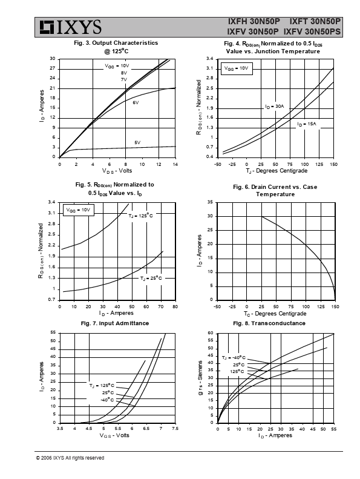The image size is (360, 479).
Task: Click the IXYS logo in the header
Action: [x=70, y=27]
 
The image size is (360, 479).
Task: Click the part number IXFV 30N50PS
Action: [x=312, y=31]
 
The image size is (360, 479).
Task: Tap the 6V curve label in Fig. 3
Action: [x=136, y=103]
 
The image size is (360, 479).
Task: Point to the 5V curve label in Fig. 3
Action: [x=137, y=143]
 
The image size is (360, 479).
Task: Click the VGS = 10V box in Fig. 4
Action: [x=237, y=68]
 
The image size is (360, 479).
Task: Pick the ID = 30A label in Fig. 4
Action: [x=275, y=107]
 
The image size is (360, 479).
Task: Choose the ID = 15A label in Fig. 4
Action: [x=307, y=124]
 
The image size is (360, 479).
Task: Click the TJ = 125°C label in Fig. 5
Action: [x=140, y=216]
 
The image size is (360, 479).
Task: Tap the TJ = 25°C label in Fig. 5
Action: [x=151, y=279]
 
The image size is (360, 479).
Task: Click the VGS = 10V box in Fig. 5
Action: [x=79, y=210]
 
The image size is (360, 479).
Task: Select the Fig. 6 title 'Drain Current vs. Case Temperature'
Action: [x=275, y=190]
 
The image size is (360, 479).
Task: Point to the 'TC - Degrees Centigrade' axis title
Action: [x=275, y=314]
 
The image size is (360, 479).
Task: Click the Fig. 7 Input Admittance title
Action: [x=115, y=323]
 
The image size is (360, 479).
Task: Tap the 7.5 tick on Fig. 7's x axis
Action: [x=175, y=429]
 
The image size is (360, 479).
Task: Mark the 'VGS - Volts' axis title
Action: [x=114, y=435]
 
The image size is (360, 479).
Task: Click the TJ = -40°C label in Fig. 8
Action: [x=234, y=358]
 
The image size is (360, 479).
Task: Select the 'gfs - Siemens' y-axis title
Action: [x=201, y=378]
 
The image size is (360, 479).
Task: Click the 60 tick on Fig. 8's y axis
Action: [x=211, y=333]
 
